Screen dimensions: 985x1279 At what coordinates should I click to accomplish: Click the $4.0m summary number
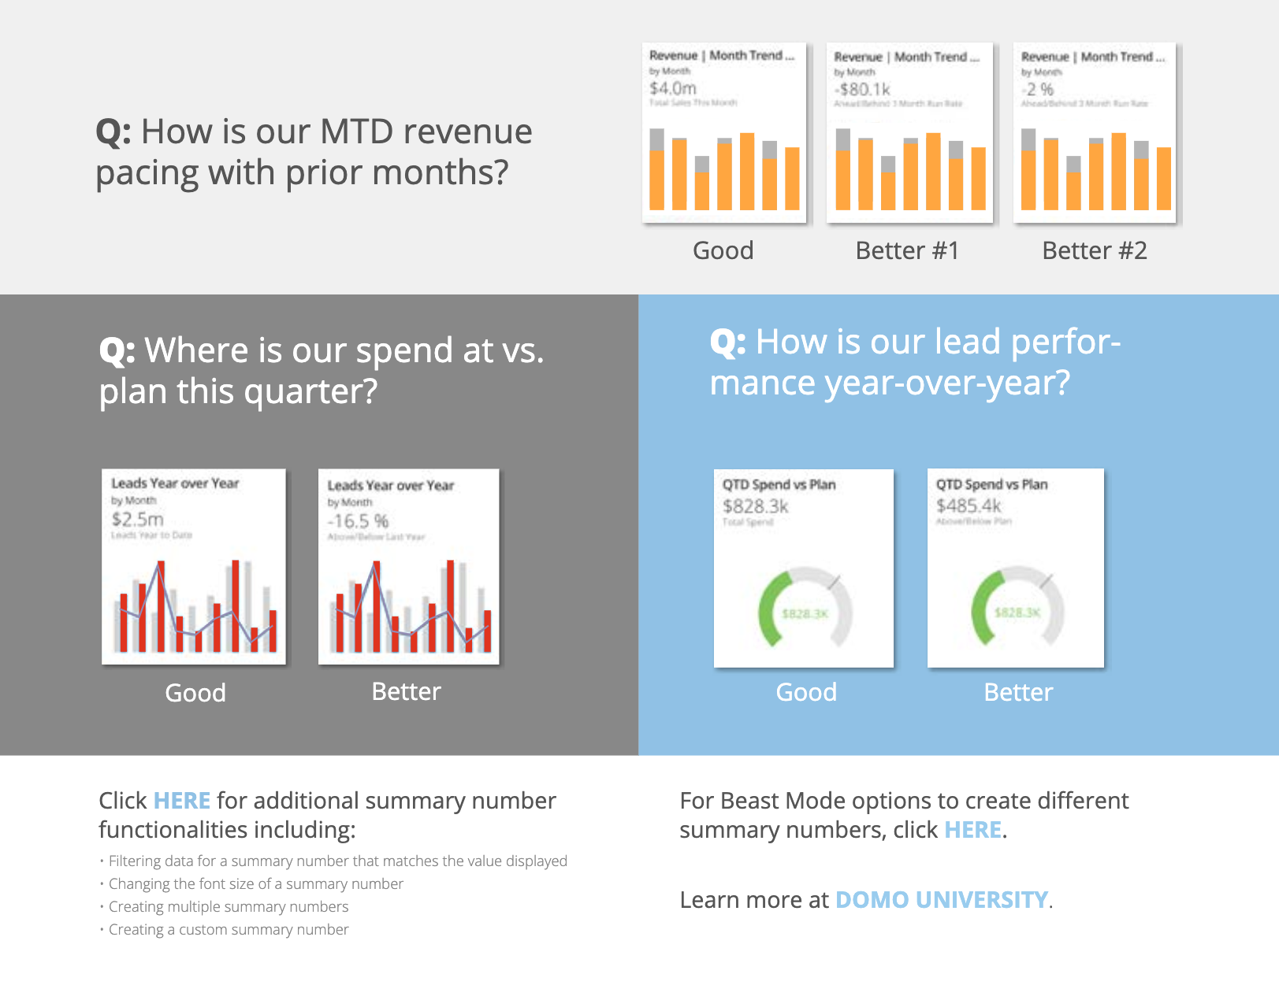(x=672, y=88)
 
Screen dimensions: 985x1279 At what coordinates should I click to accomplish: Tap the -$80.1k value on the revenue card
(x=862, y=90)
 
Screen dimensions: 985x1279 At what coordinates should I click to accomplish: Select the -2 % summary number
(x=1038, y=90)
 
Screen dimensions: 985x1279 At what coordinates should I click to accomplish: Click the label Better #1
(x=907, y=250)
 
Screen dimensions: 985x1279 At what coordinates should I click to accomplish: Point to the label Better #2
(x=1094, y=250)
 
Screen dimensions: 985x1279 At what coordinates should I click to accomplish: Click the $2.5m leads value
(x=137, y=520)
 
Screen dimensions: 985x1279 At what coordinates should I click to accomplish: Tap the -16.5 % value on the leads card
(x=358, y=521)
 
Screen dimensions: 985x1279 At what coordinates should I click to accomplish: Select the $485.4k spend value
(x=969, y=505)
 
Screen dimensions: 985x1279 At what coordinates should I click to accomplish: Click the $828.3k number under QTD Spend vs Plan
(x=755, y=506)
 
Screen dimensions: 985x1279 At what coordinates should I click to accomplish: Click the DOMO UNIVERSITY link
(x=941, y=900)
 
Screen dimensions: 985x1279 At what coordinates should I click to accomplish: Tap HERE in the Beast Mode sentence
(x=972, y=830)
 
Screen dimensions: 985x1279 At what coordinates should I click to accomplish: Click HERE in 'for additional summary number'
(x=181, y=801)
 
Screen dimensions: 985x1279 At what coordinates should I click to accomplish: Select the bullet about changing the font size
(x=255, y=884)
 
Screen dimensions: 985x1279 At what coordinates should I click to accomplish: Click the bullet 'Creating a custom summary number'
(x=229, y=930)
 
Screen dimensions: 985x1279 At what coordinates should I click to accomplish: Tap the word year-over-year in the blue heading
(x=946, y=383)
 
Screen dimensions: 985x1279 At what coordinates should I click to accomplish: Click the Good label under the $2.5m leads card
(x=195, y=693)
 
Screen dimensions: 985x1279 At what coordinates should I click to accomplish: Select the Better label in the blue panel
(x=1017, y=692)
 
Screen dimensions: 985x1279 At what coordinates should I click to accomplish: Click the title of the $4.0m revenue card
(x=721, y=56)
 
